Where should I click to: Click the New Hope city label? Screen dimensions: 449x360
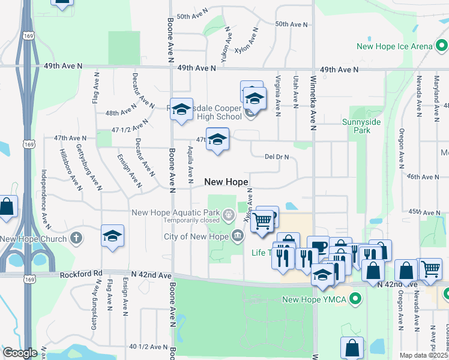(226, 182)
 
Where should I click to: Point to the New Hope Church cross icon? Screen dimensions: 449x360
(76, 238)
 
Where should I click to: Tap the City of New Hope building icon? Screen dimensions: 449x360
(238, 236)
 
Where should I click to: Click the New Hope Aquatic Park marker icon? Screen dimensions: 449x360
(229, 212)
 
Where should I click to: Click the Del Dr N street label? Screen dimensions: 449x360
(277, 157)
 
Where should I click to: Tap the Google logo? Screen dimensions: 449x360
(20, 353)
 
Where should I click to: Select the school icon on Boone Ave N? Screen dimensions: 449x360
(181, 109)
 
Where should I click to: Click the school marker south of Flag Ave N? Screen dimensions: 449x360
(112, 236)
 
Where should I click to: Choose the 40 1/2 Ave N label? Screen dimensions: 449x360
(149, 347)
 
